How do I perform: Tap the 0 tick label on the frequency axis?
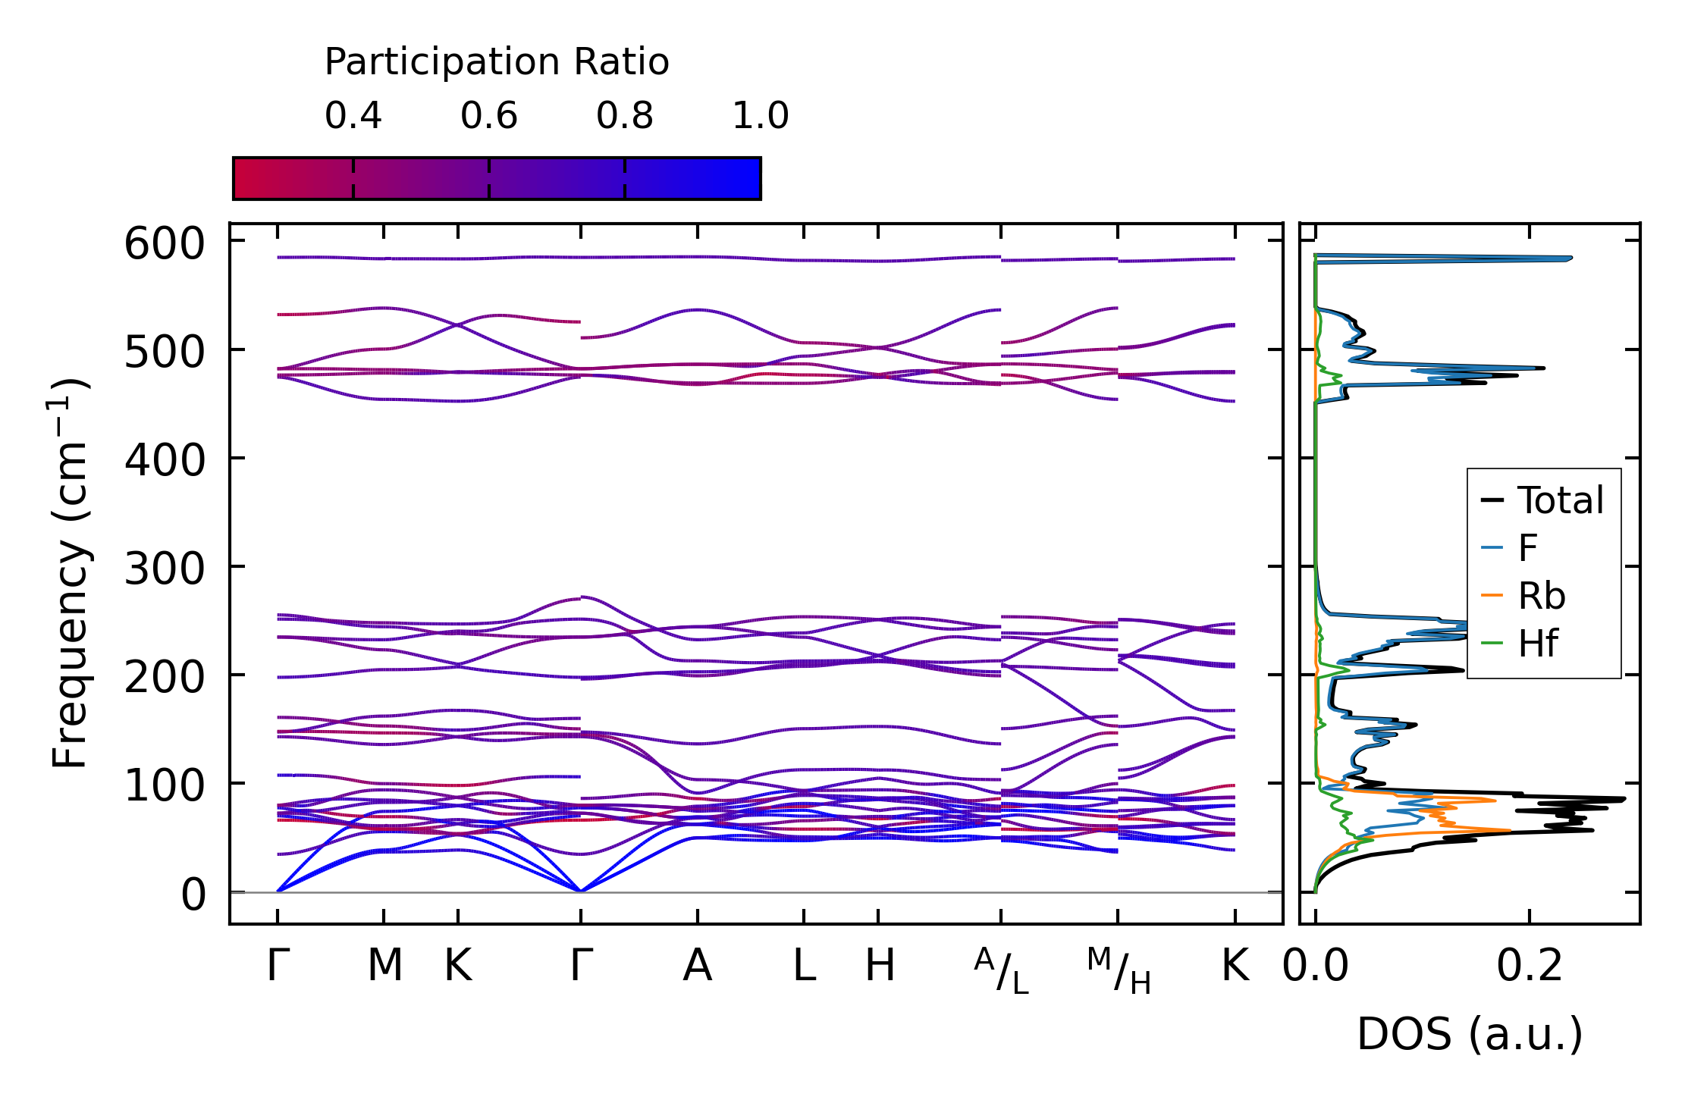coord(193,895)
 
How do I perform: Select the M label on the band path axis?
coord(384,966)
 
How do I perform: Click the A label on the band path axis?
coord(697,966)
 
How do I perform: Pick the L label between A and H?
coord(804,966)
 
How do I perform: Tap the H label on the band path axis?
coord(880,966)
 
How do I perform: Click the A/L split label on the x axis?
coord(1001,970)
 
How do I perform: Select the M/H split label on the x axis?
coord(1119,970)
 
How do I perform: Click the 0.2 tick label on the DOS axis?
coord(1529,966)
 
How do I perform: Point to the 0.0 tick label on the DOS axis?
coord(1315,966)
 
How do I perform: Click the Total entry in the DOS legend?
coord(1560,500)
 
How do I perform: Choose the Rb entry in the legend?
coord(1541,596)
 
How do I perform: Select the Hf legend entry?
coord(1538,644)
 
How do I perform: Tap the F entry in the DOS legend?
coord(1527,547)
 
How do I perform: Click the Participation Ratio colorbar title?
coord(497,61)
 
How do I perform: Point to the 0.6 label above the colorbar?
coord(488,116)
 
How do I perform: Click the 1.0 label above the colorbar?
coord(760,116)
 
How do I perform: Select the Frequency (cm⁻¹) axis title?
coord(71,572)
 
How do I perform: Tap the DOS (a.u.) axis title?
coord(1469,1034)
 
